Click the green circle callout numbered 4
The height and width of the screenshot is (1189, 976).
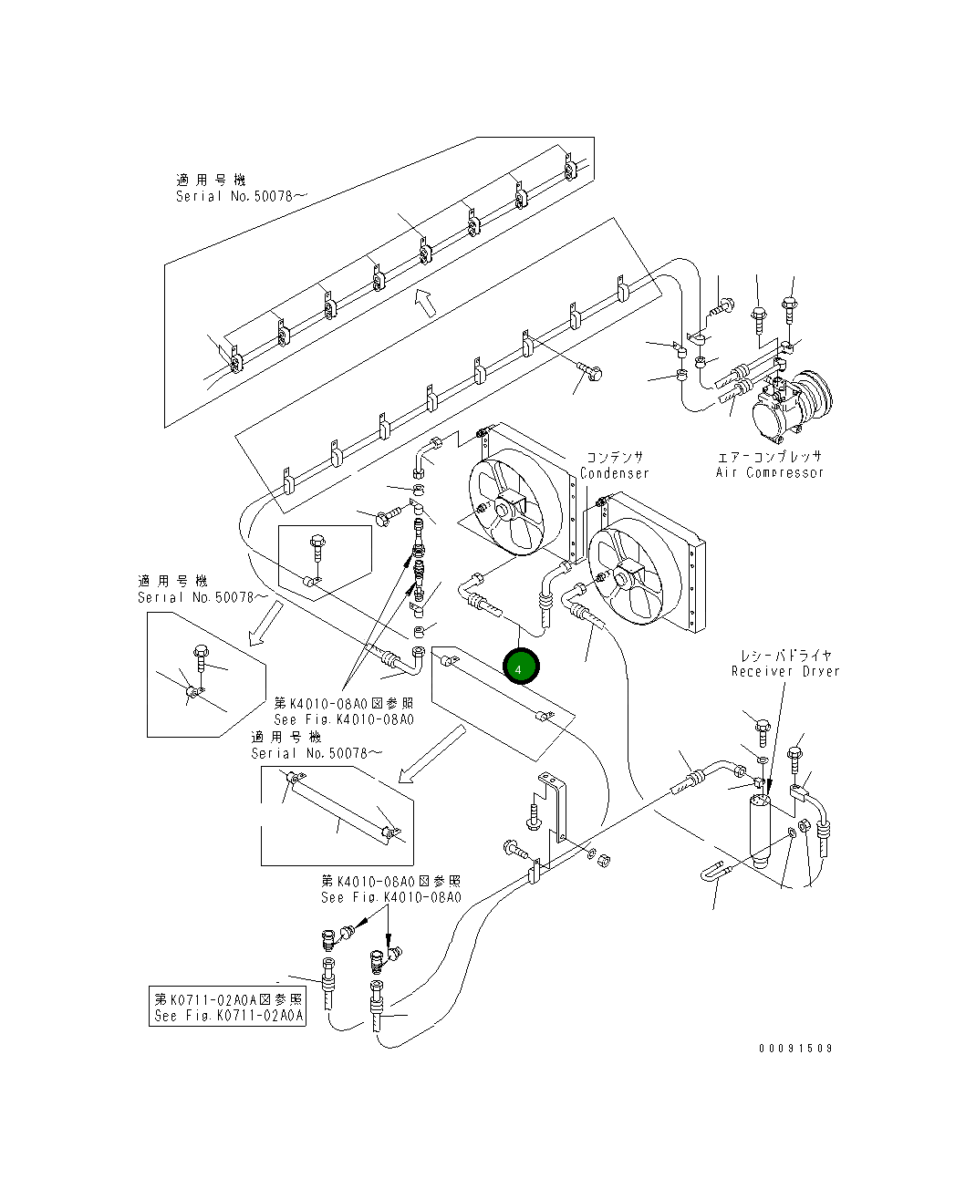[x=521, y=667]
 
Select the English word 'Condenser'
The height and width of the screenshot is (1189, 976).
[x=615, y=473]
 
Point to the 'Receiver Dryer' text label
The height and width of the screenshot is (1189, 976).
[x=784, y=671]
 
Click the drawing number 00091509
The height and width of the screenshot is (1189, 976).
[x=795, y=1048]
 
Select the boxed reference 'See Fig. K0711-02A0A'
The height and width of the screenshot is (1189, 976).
[x=228, y=1015]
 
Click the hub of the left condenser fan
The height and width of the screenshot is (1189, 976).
[x=507, y=506]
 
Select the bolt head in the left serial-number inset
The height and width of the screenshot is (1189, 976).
[x=201, y=652]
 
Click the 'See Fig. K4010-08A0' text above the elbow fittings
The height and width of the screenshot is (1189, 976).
[x=390, y=896]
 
